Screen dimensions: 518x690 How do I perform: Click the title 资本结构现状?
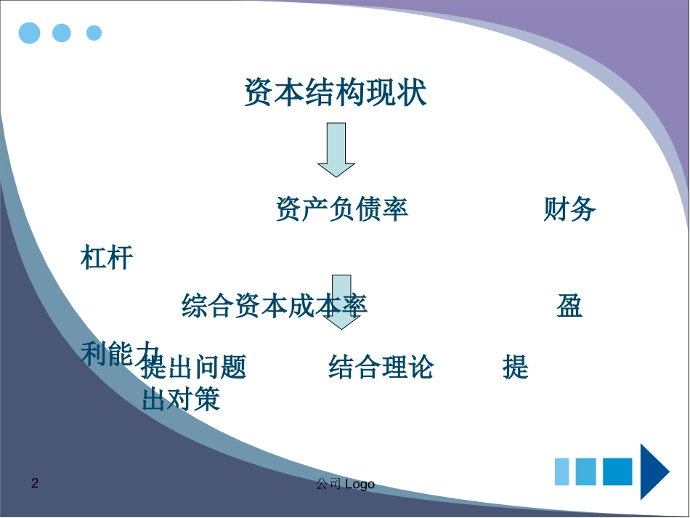point(335,93)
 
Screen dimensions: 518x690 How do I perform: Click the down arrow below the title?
point(336,150)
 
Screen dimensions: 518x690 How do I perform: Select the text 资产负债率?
point(341,209)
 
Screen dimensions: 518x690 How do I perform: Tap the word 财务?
point(569,209)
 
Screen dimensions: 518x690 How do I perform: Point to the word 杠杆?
point(107,257)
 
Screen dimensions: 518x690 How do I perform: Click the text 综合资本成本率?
point(275,306)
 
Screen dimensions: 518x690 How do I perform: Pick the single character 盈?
point(569,306)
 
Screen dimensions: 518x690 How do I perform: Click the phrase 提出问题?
point(194,368)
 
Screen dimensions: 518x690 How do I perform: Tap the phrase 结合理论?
point(381,368)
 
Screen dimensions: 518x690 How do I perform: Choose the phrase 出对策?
point(181,399)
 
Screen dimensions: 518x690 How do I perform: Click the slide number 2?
point(35,483)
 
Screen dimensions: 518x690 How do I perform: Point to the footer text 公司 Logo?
point(345,484)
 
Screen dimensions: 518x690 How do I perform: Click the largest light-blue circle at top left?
point(30,33)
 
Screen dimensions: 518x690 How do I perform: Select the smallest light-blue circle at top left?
point(94,33)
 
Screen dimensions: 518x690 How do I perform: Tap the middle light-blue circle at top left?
point(62,33)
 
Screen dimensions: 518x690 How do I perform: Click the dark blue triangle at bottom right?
point(654,471)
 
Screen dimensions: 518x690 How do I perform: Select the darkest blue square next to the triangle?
point(617,472)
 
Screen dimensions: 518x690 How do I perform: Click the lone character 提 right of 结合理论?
point(515,368)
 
